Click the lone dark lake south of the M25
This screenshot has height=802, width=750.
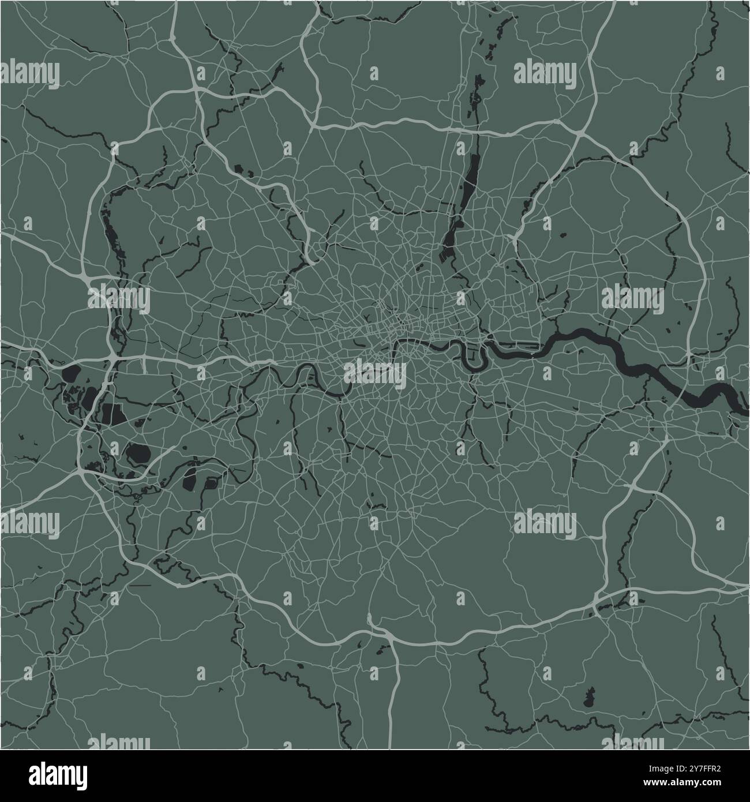click(x=589, y=699)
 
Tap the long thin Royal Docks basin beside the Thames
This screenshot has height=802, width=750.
click(x=519, y=347)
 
